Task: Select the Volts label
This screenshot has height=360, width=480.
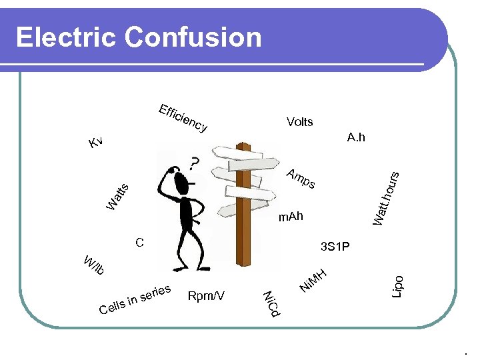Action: [x=299, y=122]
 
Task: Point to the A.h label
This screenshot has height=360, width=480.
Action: [x=356, y=137]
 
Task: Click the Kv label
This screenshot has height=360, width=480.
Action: [x=96, y=142]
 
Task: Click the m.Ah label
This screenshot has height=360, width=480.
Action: [x=291, y=217]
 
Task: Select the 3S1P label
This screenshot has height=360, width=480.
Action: [x=335, y=247]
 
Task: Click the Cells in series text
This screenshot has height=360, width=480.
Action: [x=136, y=300]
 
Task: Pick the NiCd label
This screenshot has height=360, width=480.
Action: [x=272, y=303]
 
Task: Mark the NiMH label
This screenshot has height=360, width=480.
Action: [x=313, y=280]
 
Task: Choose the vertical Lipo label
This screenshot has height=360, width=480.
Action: [x=397, y=287]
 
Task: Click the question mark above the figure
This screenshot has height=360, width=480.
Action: [x=193, y=163]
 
